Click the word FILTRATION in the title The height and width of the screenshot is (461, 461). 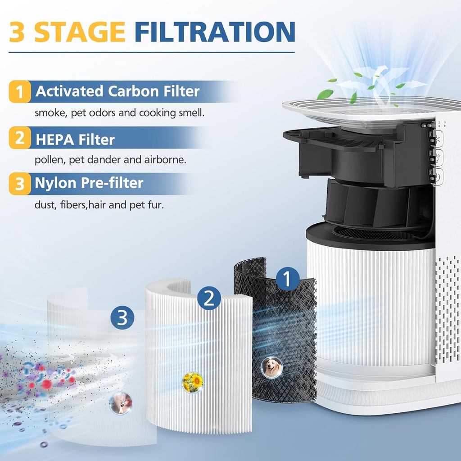tap(215, 32)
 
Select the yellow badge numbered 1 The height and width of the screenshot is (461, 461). tap(20, 92)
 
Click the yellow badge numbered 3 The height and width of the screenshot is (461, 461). tap(20, 184)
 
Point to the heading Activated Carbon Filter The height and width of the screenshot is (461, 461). tap(118, 91)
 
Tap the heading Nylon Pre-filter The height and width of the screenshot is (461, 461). tap(89, 183)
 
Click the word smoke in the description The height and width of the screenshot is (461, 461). tap(50, 113)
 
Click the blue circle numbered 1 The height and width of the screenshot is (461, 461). tap(288, 279)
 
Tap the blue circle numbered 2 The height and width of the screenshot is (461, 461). tap(209, 298)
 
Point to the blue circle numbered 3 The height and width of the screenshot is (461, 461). tap(122, 318)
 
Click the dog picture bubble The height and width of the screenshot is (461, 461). tap(272, 368)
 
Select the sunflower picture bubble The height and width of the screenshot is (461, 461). tap(192, 382)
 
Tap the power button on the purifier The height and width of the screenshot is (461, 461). tap(438, 177)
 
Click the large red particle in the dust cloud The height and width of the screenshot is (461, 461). tap(47, 384)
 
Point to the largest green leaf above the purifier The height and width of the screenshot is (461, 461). tap(325, 94)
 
